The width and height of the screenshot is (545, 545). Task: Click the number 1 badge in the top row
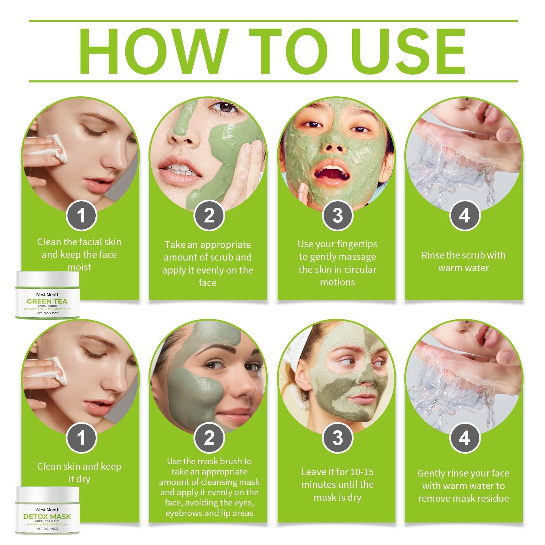(81, 216)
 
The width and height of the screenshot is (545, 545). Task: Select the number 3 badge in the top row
(338, 216)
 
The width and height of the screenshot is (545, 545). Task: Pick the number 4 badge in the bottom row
(465, 438)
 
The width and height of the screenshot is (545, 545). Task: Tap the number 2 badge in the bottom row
(209, 438)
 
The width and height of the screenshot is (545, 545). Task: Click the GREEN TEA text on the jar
(47, 301)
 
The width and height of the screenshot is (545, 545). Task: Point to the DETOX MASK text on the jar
(47, 517)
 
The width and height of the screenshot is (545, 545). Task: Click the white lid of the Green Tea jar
(47, 279)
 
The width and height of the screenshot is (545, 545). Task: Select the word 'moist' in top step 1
(79, 267)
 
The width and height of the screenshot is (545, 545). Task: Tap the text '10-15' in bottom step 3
(362, 472)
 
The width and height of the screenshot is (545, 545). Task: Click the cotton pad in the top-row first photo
(56, 148)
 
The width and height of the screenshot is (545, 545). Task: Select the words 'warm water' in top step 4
(463, 268)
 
